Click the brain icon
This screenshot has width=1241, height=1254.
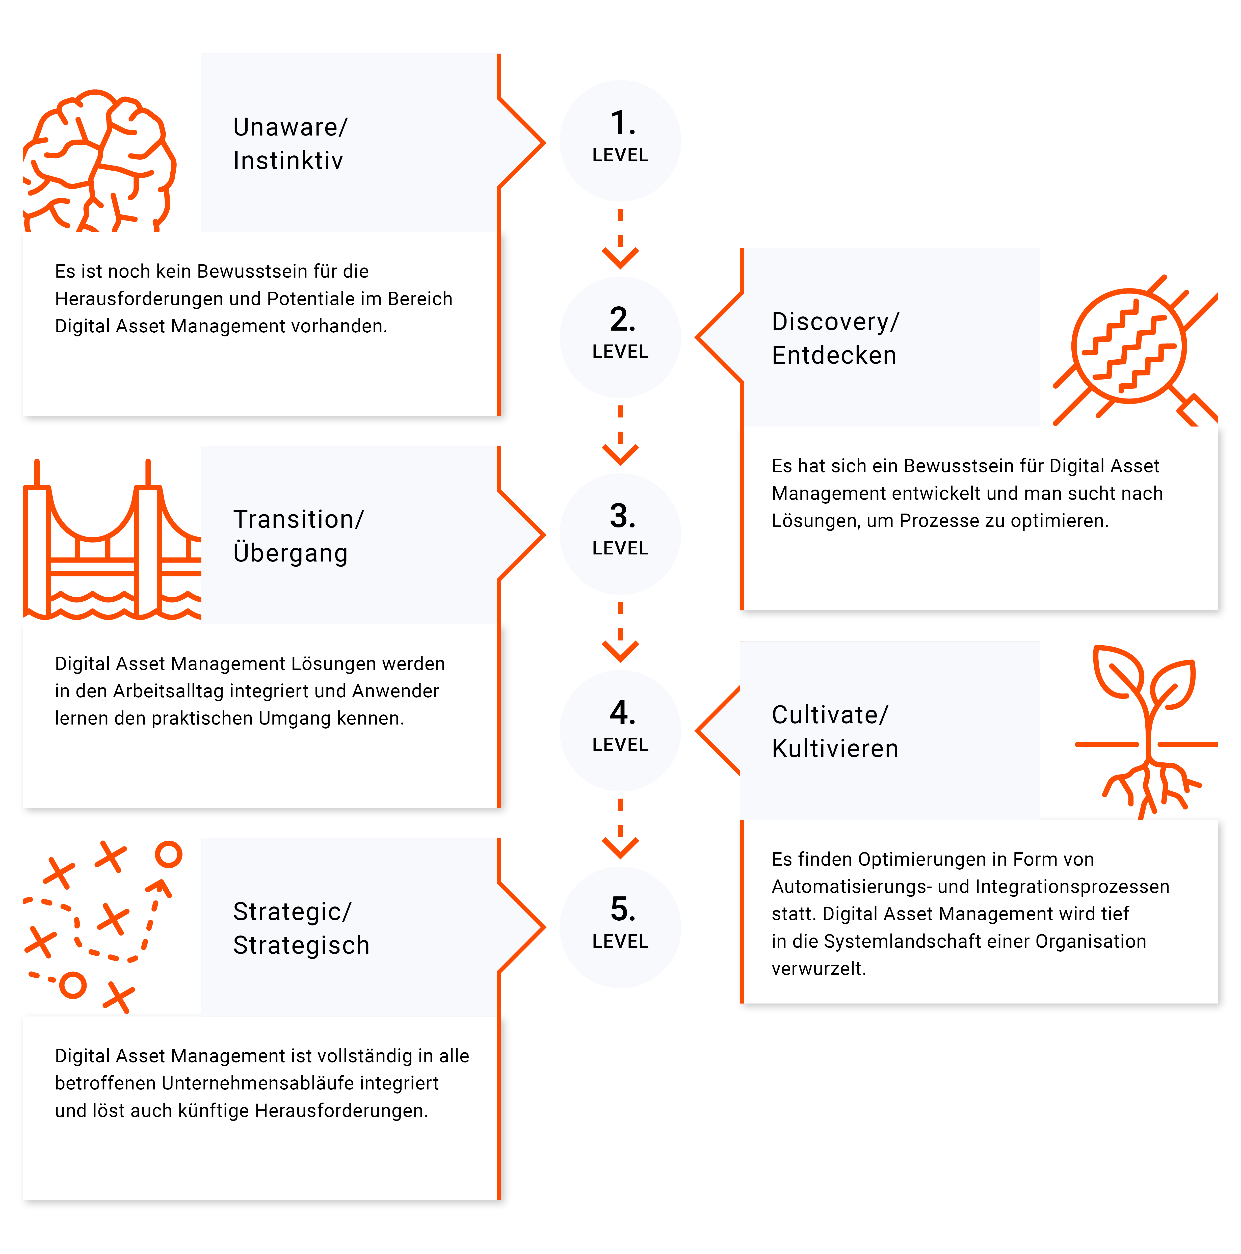pos(99,161)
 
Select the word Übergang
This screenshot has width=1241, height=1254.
pos(290,553)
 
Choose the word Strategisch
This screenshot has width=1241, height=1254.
pos(301,946)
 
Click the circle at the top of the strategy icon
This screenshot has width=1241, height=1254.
pos(169,855)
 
